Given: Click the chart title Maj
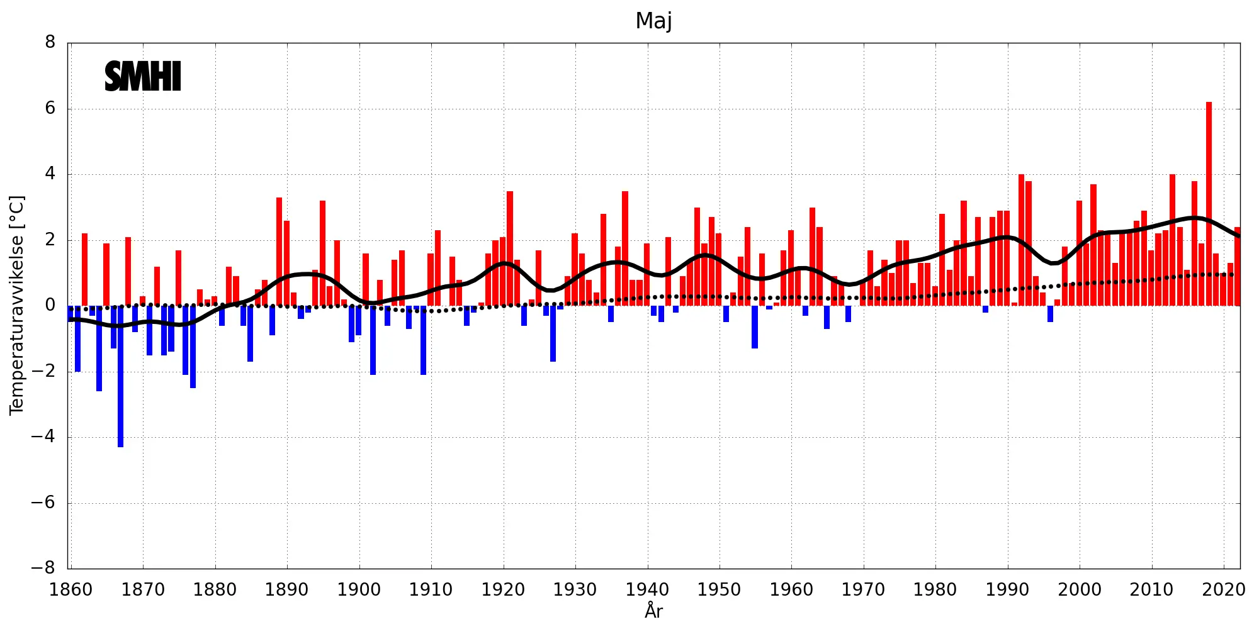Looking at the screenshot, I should click(x=653, y=21).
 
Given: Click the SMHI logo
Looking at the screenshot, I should click(x=143, y=77).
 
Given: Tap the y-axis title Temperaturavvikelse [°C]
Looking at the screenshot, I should click(x=16, y=305).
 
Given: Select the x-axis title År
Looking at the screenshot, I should click(x=653, y=611).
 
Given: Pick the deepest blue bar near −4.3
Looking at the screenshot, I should click(x=120, y=377).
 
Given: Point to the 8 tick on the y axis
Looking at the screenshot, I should click(x=50, y=43).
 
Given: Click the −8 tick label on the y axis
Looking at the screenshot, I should click(x=43, y=569).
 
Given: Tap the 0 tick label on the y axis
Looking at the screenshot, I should click(x=50, y=306).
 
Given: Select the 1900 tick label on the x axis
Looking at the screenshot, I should click(x=359, y=590).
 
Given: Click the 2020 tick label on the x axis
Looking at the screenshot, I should click(x=1224, y=590).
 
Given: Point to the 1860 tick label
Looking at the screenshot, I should click(x=71, y=590).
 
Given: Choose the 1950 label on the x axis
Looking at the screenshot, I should click(x=719, y=590).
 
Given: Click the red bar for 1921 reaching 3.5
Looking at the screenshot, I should click(x=510, y=248).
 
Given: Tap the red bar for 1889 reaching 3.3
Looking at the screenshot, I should click(x=279, y=252).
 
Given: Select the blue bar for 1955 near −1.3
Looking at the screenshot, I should click(x=755, y=327).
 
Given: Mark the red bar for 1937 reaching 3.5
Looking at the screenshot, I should click(x=625, y=248).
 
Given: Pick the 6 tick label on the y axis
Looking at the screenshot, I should click(x=50, y=109).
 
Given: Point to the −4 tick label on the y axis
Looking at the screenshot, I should click(x=43, y=437).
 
